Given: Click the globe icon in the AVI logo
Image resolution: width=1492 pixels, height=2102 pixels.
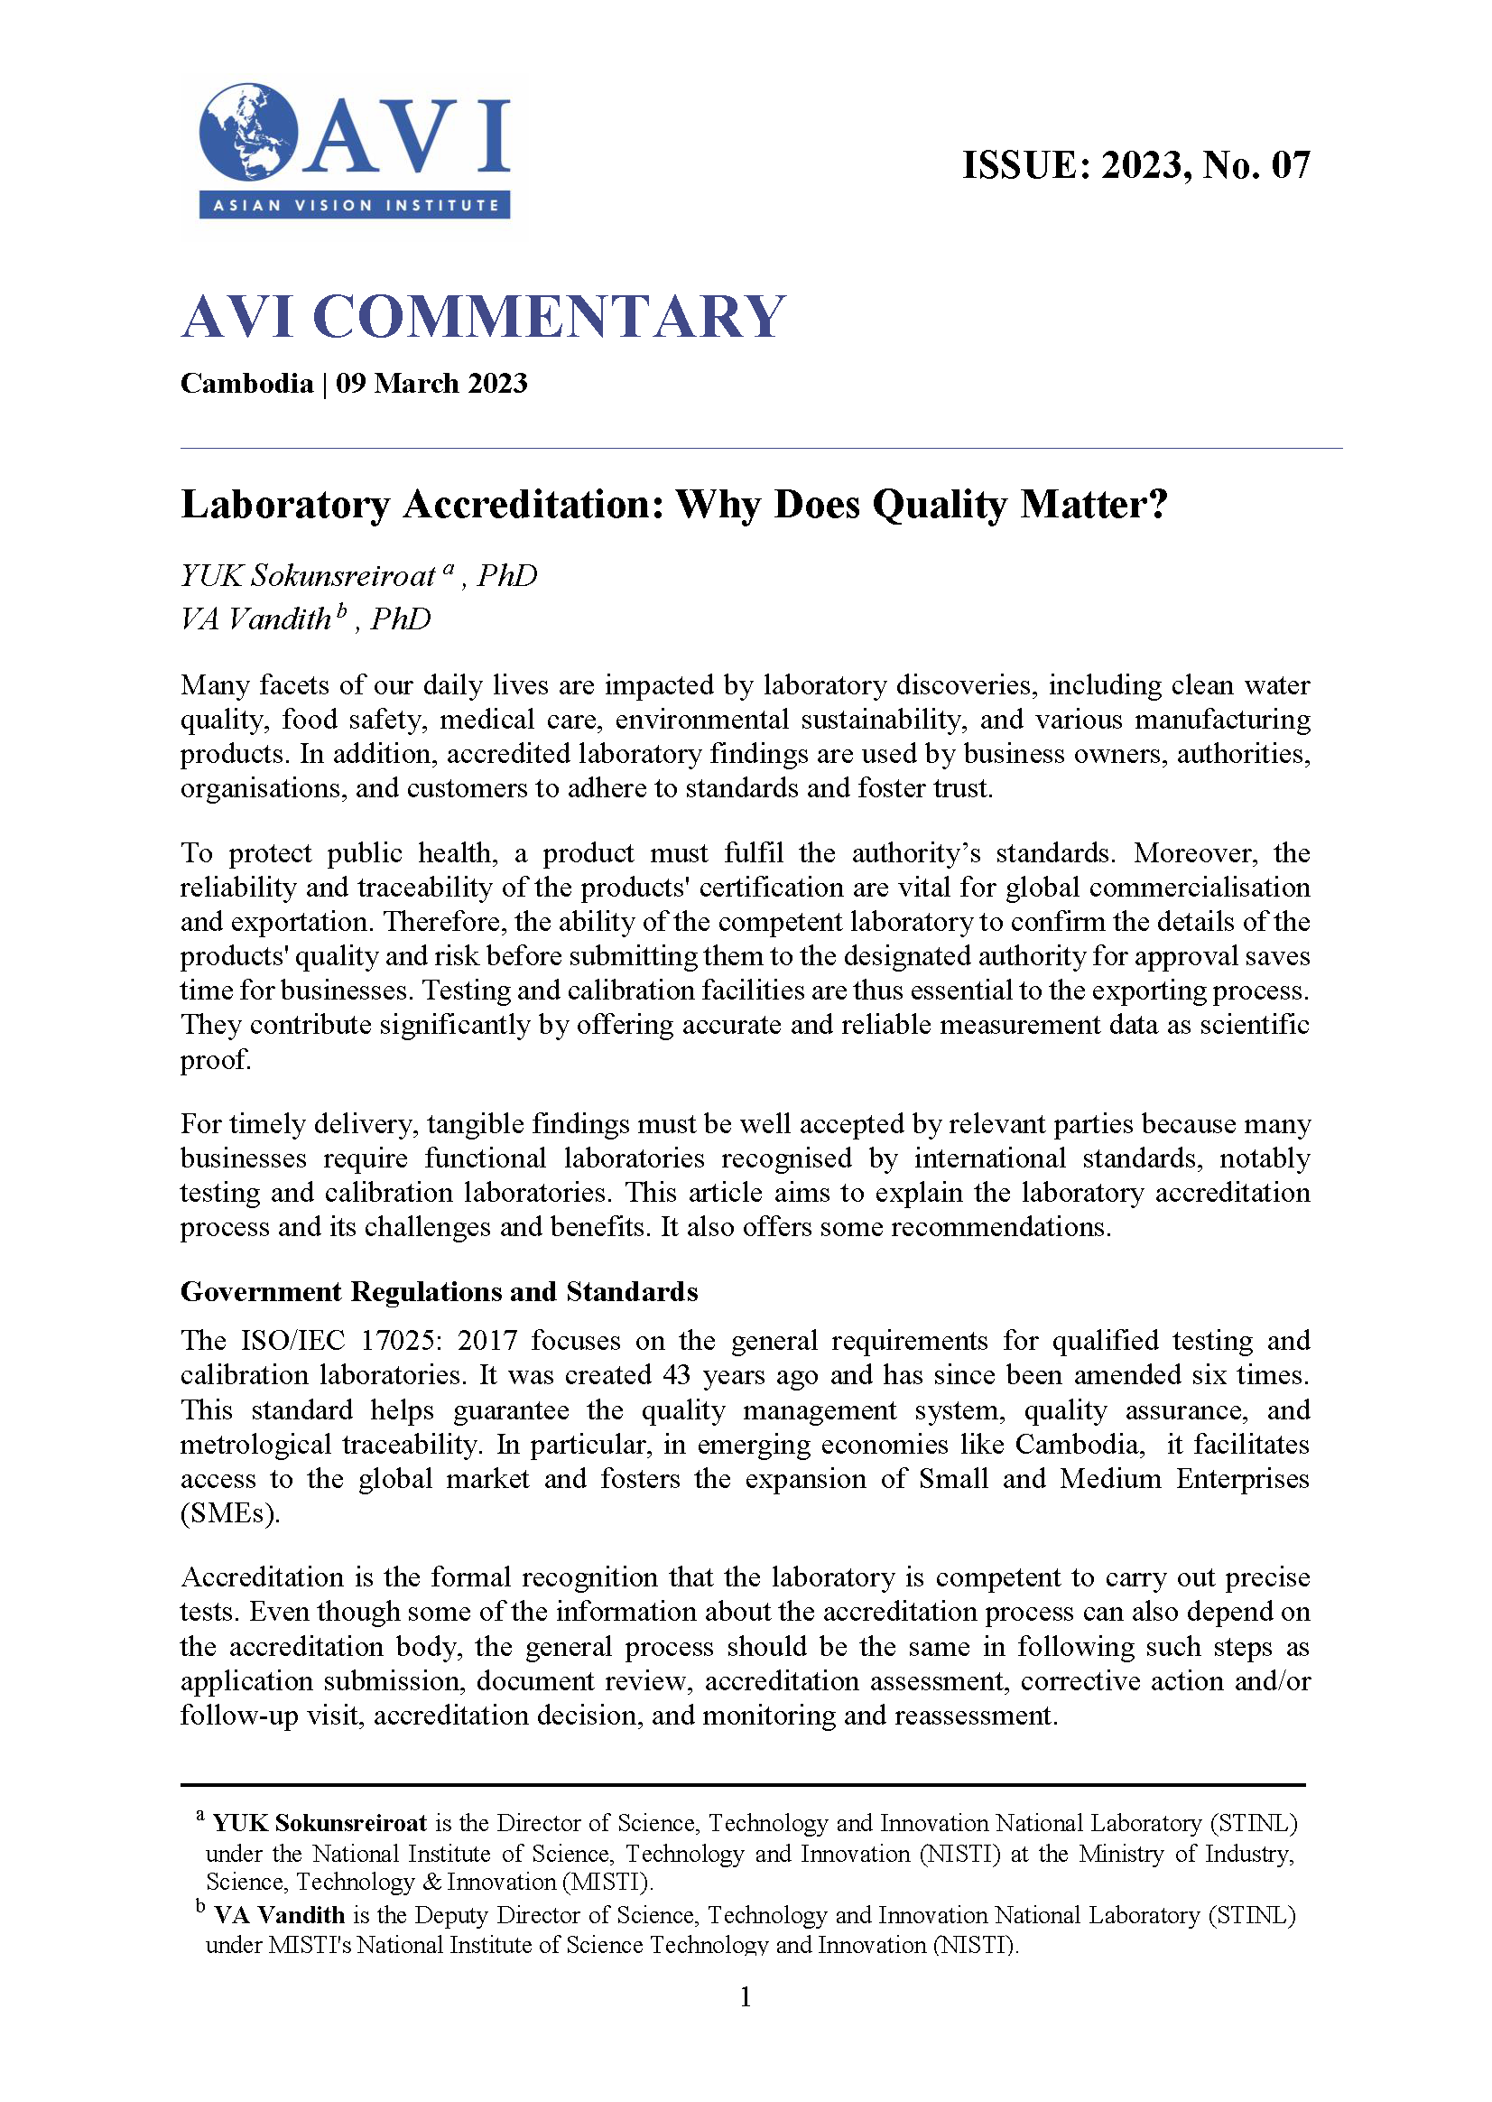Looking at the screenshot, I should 249,133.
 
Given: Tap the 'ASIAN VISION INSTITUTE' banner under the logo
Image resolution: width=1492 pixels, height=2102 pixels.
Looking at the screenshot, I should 355,205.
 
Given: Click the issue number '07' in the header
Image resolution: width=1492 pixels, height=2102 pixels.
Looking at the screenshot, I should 1290,165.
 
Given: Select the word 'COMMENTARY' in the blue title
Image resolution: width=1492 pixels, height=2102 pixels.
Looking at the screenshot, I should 549,317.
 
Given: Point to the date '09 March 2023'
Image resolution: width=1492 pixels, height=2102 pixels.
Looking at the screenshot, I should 431,383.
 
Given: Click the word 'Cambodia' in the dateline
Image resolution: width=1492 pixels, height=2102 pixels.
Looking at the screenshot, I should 246,383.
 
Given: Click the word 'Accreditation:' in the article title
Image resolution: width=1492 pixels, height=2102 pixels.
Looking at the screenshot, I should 533,505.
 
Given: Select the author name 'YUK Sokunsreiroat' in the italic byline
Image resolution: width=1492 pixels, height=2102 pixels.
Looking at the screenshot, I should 307,576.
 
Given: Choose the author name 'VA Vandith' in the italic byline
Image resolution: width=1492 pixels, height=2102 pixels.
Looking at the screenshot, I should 255,619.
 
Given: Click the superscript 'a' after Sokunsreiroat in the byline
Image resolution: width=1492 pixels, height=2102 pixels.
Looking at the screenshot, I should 449,568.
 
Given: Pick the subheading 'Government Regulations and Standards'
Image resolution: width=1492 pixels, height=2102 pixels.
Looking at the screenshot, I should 440,1291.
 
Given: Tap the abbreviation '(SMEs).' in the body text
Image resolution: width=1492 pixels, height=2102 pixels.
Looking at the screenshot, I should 229,1514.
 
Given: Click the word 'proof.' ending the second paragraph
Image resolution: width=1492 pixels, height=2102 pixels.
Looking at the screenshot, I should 215,1060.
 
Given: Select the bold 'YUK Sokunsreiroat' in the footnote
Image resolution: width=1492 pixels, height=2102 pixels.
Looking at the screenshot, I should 320,1823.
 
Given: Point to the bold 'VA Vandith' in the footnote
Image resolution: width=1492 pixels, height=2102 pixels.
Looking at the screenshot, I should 279,1915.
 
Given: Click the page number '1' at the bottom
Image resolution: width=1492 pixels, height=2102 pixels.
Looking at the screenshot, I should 745,1996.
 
